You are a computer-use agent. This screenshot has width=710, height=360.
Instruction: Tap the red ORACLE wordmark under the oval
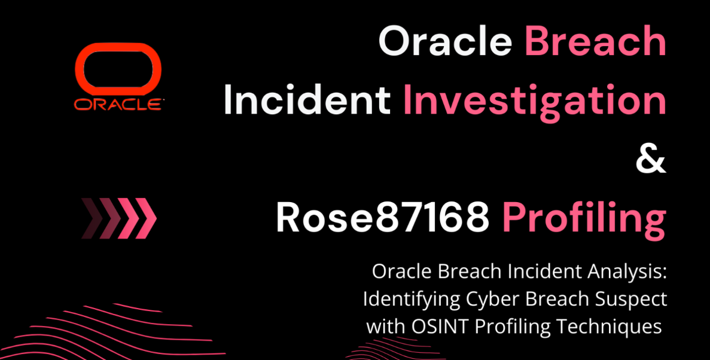[x=118, y=105]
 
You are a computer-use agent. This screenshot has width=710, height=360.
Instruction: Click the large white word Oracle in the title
[x=445, y=40]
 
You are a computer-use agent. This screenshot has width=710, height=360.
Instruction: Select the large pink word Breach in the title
[x=595, y=40]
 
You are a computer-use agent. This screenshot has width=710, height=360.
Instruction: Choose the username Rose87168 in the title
[x=383, y=218]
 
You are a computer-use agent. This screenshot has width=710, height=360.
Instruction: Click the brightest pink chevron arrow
[x=146, y=218]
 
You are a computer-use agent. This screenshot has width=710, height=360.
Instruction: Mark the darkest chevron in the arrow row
[x=92, y=218]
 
